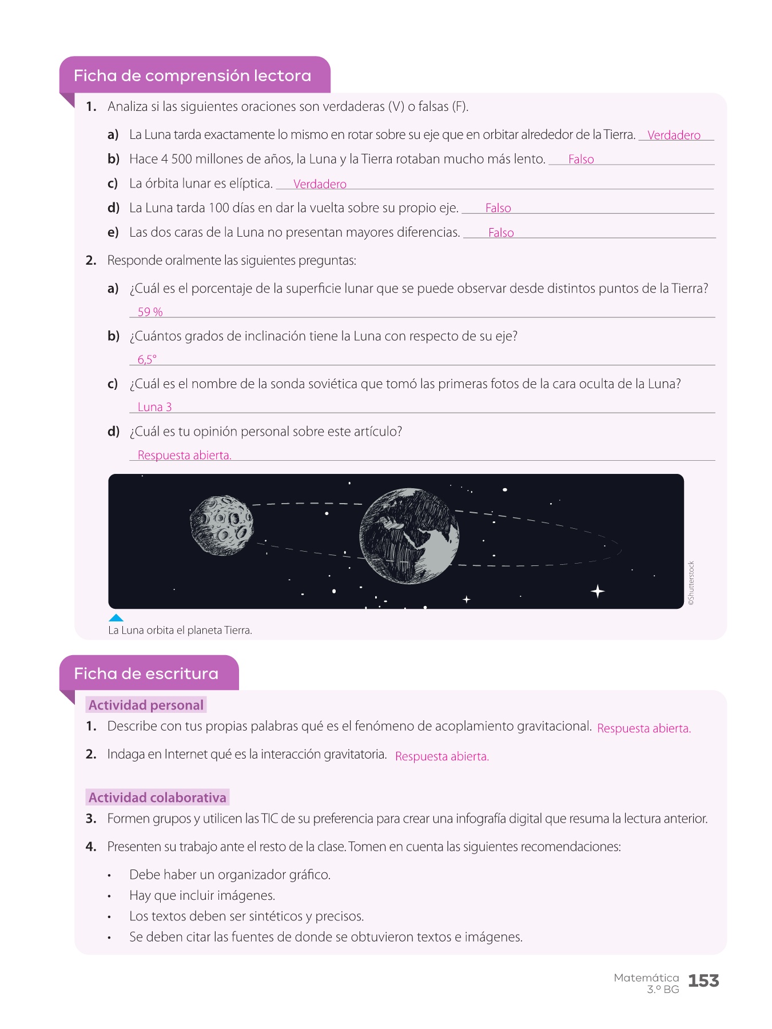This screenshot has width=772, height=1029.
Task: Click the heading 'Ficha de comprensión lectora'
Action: [192, 76]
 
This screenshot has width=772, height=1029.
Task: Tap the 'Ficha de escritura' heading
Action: [146, 674]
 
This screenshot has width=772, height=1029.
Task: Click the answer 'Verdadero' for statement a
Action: [674, 135]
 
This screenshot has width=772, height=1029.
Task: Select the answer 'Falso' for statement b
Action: [581, 159]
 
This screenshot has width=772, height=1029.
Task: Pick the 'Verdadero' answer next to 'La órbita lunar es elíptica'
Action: [320, 184]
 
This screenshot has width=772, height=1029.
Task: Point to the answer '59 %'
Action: [150, 312]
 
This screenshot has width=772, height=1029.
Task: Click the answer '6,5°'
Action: [147, 360]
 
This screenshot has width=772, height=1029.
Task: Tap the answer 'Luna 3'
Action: [154, 407]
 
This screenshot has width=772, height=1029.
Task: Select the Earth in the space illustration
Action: [409, 536]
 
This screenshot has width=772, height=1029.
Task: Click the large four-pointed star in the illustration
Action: [598, 591]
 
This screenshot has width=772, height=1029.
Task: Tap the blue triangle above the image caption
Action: [116, 618]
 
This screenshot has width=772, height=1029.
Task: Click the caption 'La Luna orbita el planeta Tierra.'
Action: [180, 631]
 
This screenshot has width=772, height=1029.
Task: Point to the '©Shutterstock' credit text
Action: [691, 583]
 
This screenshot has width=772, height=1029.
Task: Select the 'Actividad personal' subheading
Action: [146, 705]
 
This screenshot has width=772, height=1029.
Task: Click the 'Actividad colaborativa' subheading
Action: [157, 797]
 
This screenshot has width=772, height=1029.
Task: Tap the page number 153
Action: [703, 981]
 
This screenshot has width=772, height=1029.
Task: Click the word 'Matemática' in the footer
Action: [646, 978]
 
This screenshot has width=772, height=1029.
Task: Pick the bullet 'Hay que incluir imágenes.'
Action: [202, 895]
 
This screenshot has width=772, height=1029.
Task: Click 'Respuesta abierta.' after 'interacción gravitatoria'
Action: [442, 756]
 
